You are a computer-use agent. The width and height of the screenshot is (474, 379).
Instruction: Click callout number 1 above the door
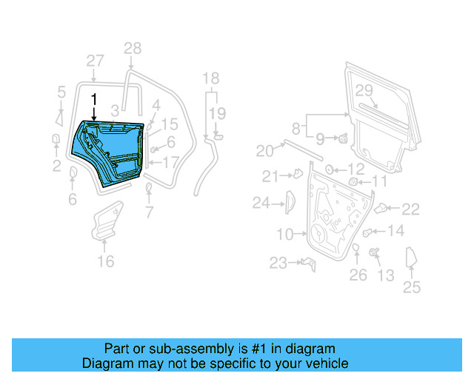94,98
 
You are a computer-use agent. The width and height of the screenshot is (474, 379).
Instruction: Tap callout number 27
95,61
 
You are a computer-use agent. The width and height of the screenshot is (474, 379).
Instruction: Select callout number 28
132,49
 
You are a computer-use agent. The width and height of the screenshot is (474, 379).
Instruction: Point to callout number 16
106,261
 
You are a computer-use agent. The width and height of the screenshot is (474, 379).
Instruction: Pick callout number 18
211,78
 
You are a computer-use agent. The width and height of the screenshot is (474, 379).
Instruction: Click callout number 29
363,90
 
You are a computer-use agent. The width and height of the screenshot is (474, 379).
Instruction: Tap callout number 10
285,235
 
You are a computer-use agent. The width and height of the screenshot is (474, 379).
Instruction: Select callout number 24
261,202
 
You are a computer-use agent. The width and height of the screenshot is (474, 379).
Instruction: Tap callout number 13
386,275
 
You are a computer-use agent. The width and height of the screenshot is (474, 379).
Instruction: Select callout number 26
358,275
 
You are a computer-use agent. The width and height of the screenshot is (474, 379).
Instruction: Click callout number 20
264,151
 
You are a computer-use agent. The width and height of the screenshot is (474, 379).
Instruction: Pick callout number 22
410,209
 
